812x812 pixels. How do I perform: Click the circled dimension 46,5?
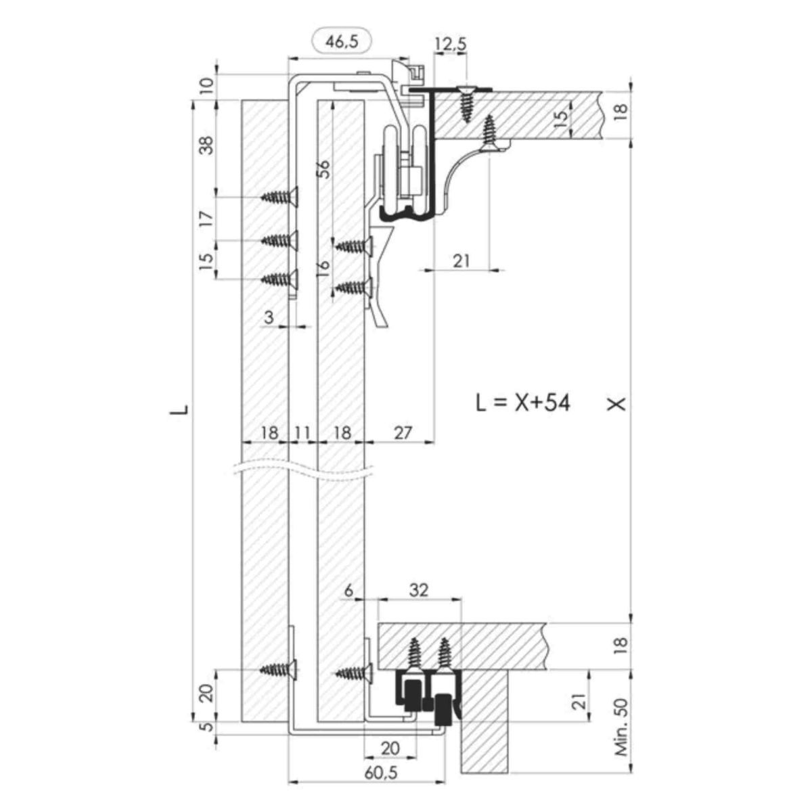342,42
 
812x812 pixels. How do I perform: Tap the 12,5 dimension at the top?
451,44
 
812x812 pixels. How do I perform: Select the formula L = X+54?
522,403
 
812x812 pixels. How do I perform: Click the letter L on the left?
179,409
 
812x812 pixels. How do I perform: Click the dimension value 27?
403,432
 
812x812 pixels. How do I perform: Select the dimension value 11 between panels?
302,432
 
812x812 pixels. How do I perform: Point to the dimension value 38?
207,145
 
